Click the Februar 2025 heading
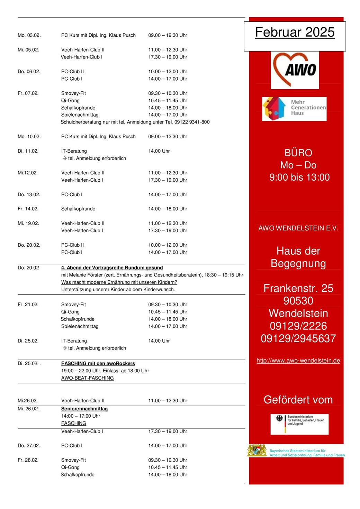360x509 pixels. pyautogui.click(x=295, y=33)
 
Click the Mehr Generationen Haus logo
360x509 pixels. pyautogui.click(x=294, y=108)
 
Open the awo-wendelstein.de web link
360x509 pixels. pyautogui.click(x=298, y=361)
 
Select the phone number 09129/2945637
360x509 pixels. pyautogui.click(x=298, y=338)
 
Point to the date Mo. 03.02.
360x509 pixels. pyautogui.click(x=29, y=35)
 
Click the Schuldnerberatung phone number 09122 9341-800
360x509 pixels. pyautogui.click(x=192, y=122)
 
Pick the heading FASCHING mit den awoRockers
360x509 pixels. pyautogui.click(x=98, y=364)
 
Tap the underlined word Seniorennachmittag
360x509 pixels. pyautogui.click(x=84, y=409)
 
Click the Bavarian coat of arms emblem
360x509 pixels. pyautogui.click(x=257, y=451)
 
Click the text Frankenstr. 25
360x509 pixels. pyautogui.click(x=298, y=288)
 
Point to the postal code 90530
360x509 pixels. pyautogui.click(x=298, y=301)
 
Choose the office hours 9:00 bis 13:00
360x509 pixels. pyautogui.click(x=299, y=177)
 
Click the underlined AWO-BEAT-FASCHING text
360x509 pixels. pyautogui.click(x=87, y=378)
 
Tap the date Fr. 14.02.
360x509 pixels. pyautogui.click(x=28, y=209)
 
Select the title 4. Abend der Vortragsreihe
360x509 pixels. pyautogui.click(x=112, y=268)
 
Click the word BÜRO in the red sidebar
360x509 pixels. pyautogui.click(x=298, y=153)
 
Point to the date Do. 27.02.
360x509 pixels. pyautogui.click(x=29, y=446)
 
